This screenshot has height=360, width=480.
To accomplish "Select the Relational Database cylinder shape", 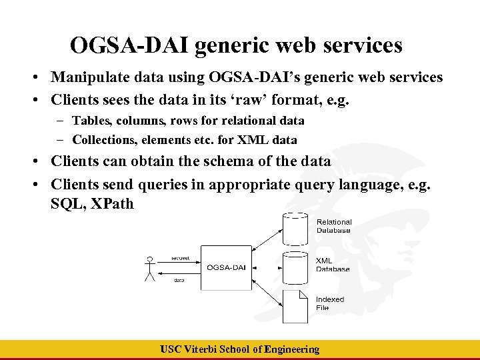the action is coord(295,227).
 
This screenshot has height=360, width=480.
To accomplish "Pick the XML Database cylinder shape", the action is coord(295,265).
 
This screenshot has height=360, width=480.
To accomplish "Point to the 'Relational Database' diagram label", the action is coord(333,226).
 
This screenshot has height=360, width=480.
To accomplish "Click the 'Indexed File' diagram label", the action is coord(329,303).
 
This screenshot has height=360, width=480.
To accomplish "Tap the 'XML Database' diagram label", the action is coord(332,265).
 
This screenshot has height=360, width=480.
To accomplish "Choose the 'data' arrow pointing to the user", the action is coord(179,274).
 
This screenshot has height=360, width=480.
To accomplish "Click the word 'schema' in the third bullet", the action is coord(227,161).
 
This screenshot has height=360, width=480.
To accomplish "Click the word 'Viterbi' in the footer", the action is coord(203,349).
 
